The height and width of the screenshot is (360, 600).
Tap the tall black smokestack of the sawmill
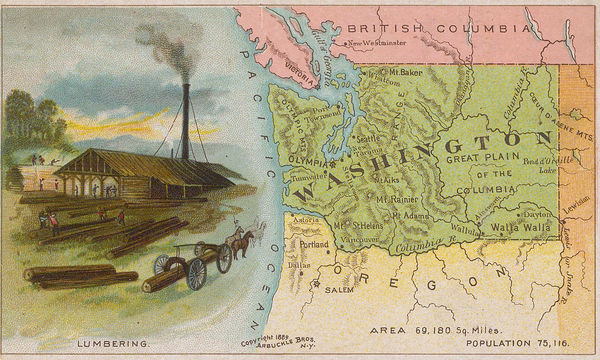[186, 120]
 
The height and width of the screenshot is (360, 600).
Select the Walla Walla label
[521, 228]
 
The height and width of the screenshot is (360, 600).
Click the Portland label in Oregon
[314, 243]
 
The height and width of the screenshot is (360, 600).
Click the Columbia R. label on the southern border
[414, 245]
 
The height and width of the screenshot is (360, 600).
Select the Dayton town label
[537, 213]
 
